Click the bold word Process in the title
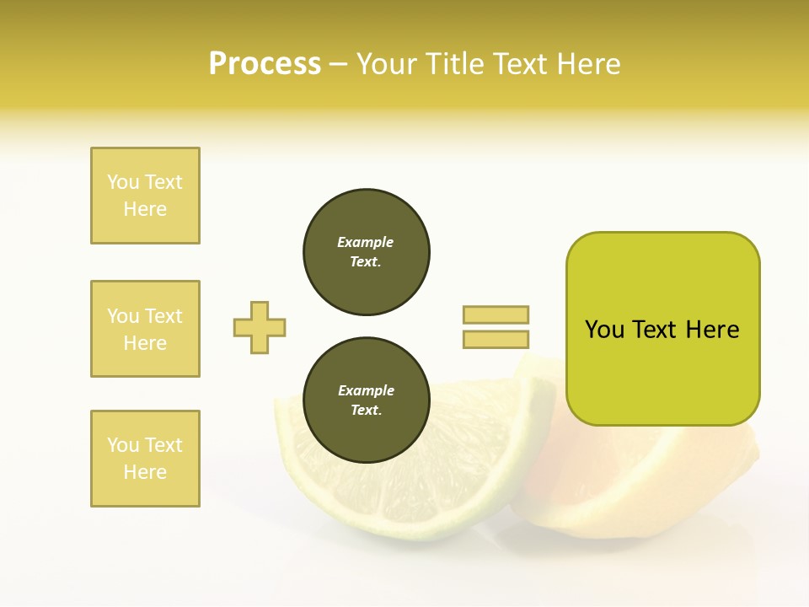click(265, 64)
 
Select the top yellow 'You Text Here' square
click(145, 196)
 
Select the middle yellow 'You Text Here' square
click(145, 329)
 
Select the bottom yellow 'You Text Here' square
click(145, 459)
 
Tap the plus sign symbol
click(260, 327)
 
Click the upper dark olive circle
click(366, 252)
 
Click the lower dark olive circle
click(366, 400)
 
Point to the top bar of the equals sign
click(496, 314)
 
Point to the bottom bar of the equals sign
click(496, 339)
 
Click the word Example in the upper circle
click(366, 242)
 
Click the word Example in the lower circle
click(366, 390)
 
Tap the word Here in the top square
click(145, 209)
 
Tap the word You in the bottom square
click(123, 445)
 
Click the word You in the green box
click(604, 330)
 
